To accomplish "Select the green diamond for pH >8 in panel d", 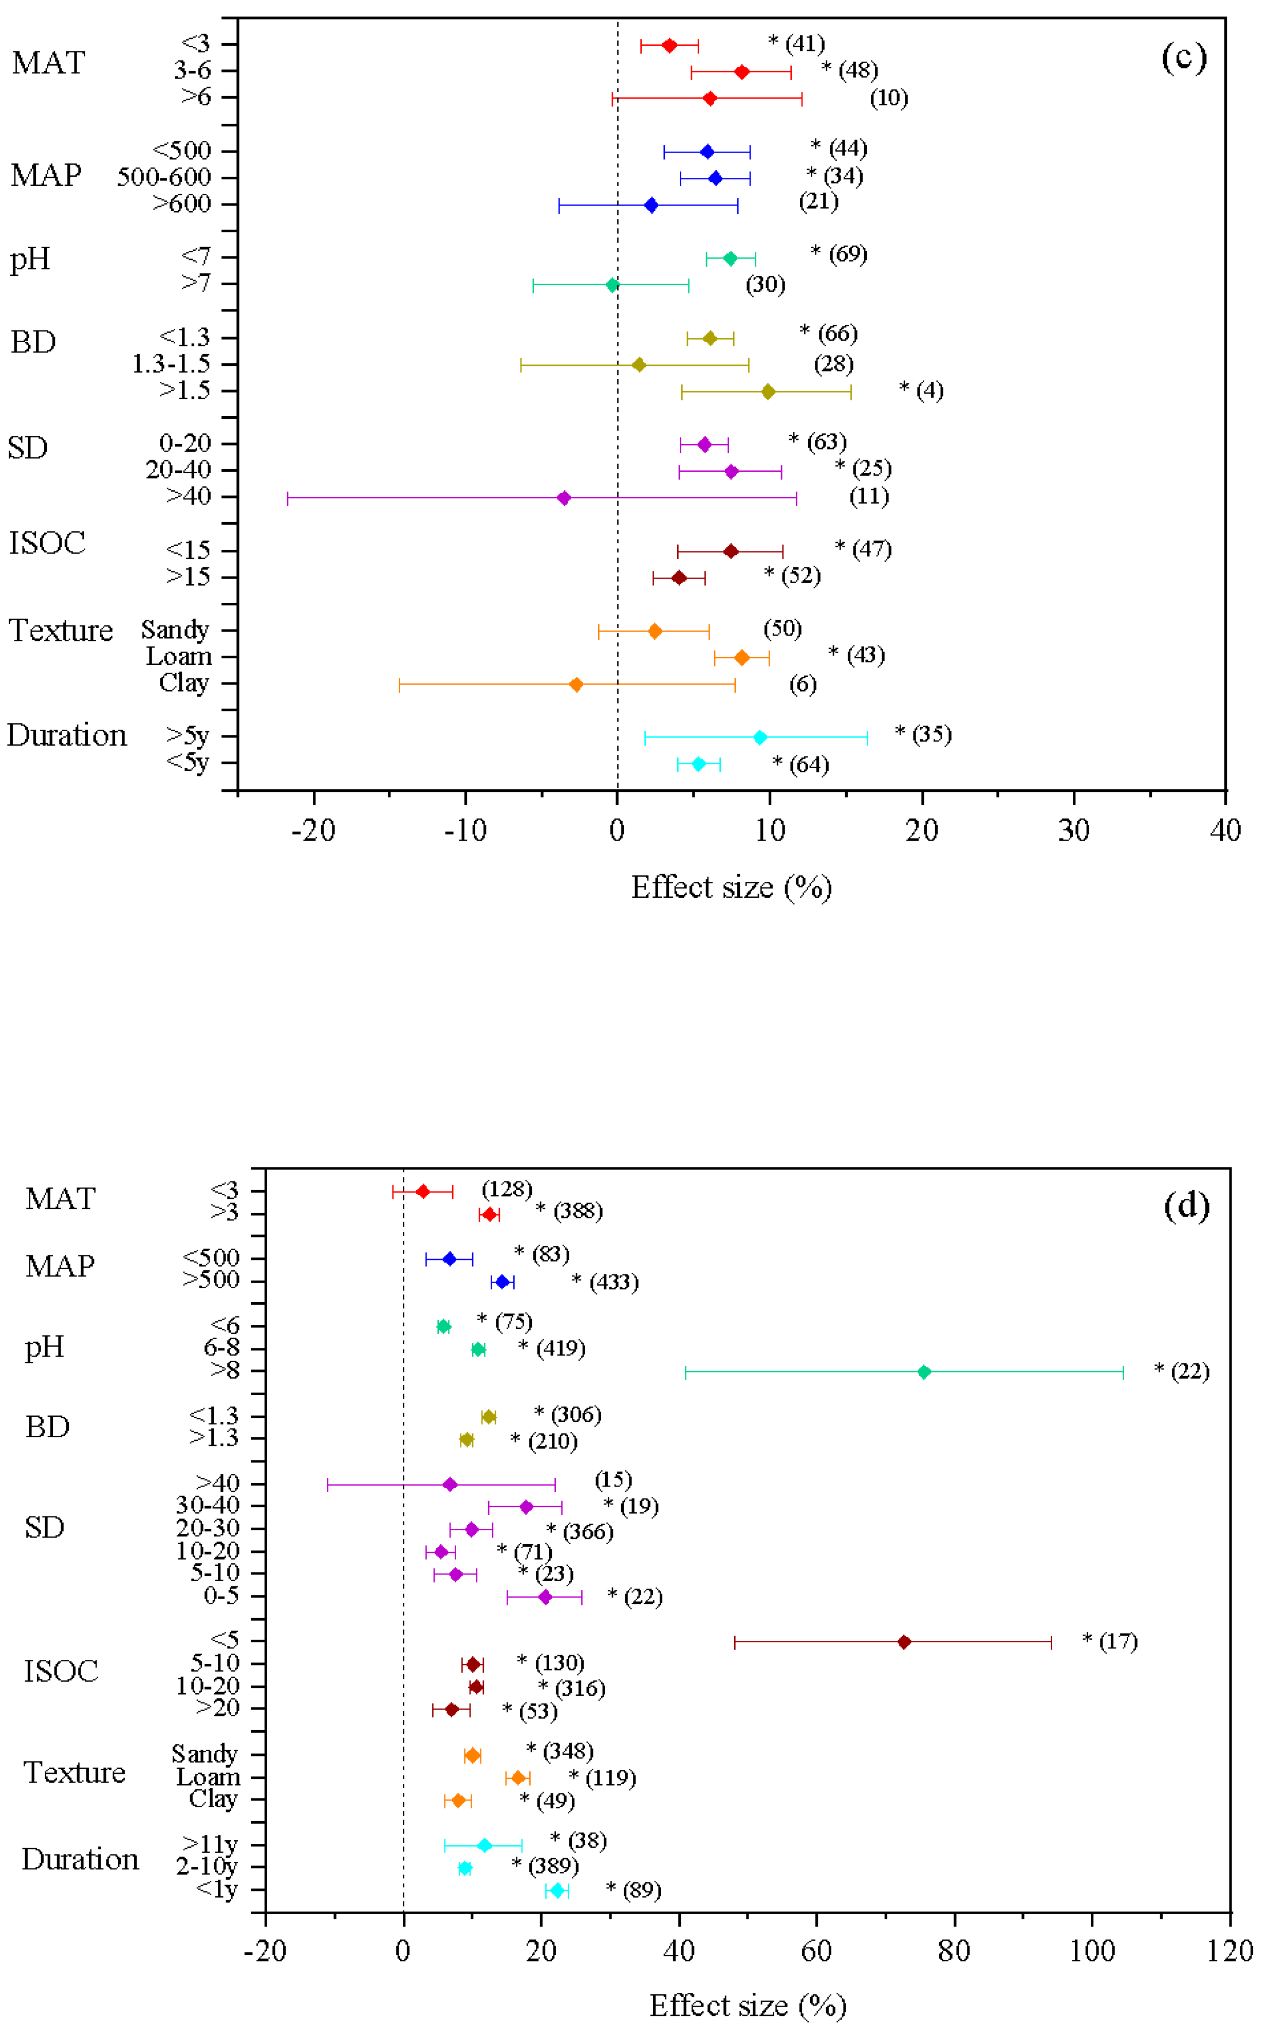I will [x=923, y=1372].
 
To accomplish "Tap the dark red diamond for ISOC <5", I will [x=903, y=1642].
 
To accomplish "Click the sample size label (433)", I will [x=613, y=1282].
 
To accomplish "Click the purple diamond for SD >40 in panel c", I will [x=564, y=498].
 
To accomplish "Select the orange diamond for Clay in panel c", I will [x=575, y=684].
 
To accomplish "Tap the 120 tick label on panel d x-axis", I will [x=1229, y=1950].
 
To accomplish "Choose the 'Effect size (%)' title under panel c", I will [x=731, y=886].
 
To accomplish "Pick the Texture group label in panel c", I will [x=60, y=630].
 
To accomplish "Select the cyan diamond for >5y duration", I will [x=760, y=737].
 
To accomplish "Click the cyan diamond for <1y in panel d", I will [x=556, y=1891].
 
